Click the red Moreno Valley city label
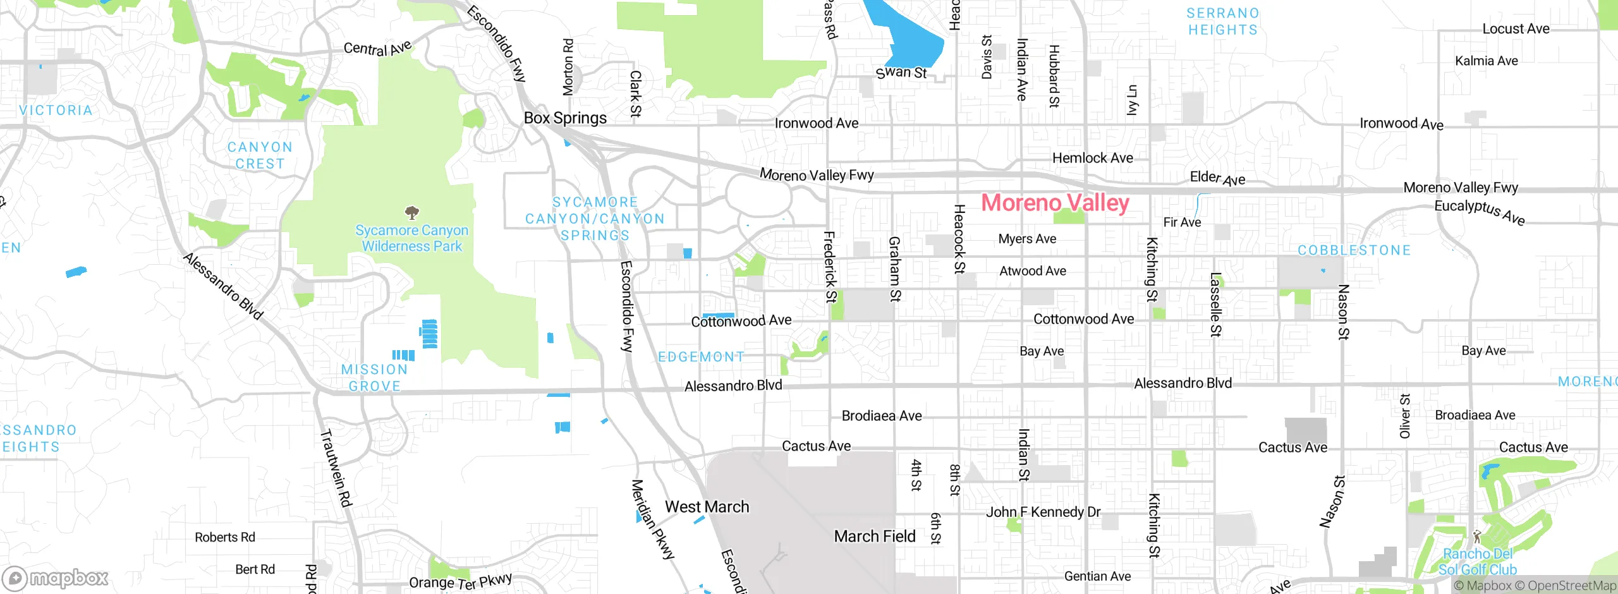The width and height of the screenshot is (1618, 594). pos(1055,203)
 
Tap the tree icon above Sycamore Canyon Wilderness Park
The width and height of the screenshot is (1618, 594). pos(412,212)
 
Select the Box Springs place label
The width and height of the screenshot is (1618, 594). pos(565,118)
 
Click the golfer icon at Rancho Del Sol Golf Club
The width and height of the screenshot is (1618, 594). pos(1477,536)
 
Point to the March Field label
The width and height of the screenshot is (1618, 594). pos(874,536)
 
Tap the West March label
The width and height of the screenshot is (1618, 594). pos(707,507)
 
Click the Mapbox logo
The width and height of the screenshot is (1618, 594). pos(56,578)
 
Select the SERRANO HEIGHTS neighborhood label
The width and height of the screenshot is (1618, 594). pos(1222,21)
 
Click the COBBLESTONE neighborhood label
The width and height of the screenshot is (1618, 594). pos(1354,250)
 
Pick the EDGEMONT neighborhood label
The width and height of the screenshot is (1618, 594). pos(701,357)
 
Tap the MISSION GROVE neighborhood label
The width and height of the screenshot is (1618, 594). pos(374,378)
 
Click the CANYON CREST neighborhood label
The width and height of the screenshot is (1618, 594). pos(260,155)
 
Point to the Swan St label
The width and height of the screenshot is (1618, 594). pos(901,73)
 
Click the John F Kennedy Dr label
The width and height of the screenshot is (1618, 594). pos(1043,512)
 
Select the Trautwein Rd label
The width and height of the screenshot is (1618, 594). pos(336,468)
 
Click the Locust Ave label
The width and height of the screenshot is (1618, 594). pos(1516,29)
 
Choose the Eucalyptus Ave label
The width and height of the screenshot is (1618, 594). pos(1479,212)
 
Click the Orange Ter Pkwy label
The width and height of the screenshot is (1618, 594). pos(460,581)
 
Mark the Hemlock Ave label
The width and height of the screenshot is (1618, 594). pos(1092,158)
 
